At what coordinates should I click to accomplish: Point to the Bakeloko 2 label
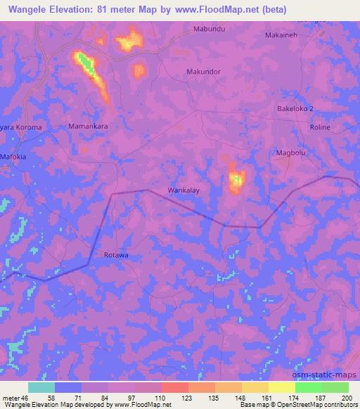(295, 109)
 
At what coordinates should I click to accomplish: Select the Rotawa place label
(116, 256)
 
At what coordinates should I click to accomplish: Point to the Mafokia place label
(13, 157)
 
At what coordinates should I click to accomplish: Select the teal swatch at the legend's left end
(41, 387)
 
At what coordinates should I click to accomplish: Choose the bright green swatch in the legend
(308, 387)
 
